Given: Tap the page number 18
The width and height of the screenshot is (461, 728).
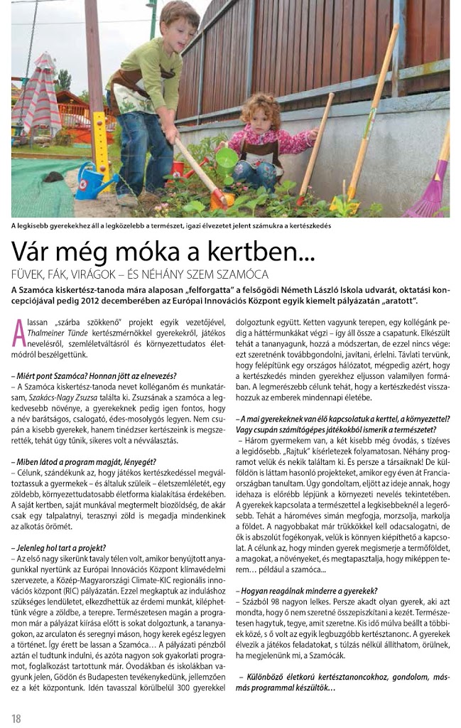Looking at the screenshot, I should [16, 718].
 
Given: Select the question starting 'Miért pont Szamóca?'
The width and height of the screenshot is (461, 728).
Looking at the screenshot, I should [94, 375].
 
